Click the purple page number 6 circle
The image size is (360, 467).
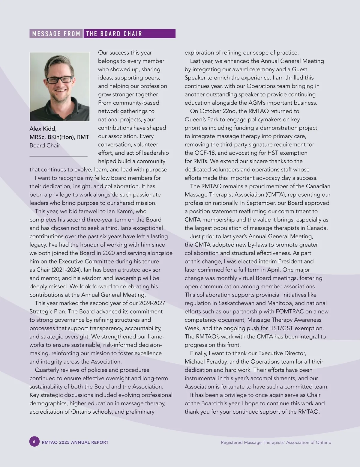point(34,442)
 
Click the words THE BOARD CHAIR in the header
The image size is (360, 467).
point(114,34)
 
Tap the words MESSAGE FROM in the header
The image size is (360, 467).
point(56,34)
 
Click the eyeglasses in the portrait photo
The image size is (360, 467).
point(59,80)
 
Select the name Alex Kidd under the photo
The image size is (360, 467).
point(43,129)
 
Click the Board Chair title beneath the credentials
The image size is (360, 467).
point(45,145)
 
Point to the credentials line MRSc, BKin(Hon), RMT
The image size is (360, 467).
point(59,137)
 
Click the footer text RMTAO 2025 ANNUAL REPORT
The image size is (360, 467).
point(75,442)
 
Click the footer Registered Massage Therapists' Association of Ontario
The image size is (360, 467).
point(276,442)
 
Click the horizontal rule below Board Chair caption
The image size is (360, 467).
point(58,156)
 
